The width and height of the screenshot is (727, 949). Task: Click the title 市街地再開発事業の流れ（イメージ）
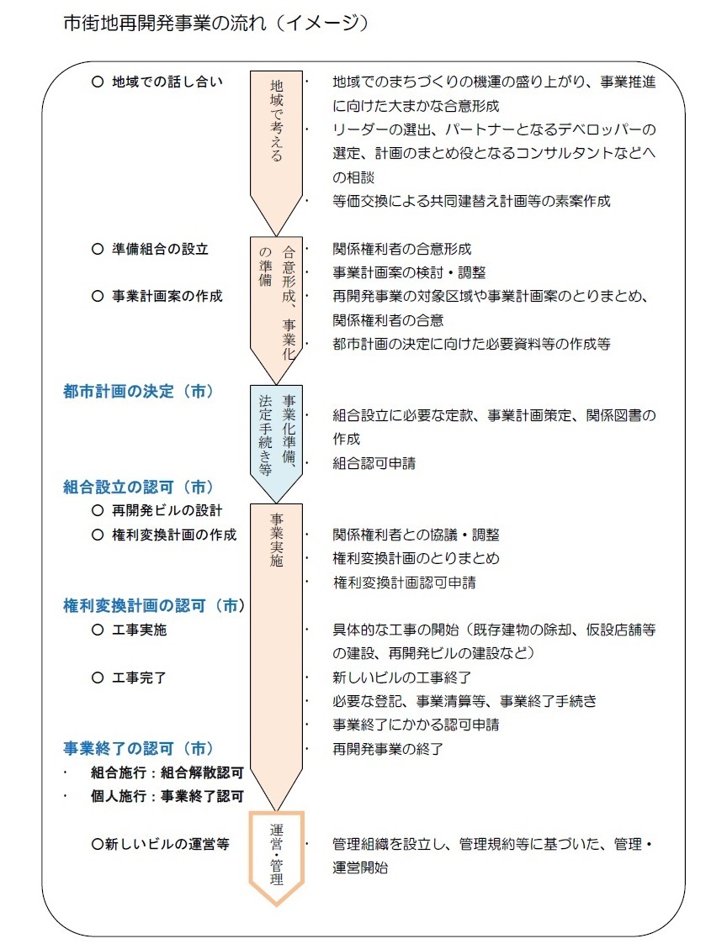[215, 23]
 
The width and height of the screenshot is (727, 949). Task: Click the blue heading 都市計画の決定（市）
[139, 392]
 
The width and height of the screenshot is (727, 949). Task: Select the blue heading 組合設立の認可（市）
[139, 487]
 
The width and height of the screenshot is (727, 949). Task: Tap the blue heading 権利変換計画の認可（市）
[154, 605]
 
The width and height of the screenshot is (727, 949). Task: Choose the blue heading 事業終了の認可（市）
[139, 748]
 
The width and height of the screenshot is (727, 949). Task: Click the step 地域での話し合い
[167, 82]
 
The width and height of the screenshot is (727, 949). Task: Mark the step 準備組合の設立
[161, 249]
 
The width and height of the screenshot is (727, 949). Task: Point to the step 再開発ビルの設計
[167, 510]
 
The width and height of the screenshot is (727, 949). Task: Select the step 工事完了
[140, 677]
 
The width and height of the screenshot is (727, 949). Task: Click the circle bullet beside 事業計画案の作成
[98, 296]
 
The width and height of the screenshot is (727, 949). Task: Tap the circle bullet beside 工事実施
[98, 630]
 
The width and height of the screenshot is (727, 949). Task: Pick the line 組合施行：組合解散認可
[167, 772]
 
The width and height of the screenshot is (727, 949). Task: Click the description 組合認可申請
[374, 464]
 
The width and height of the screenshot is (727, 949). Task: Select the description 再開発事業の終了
[388, 749]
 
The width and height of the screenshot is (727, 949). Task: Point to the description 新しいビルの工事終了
[401, 677]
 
